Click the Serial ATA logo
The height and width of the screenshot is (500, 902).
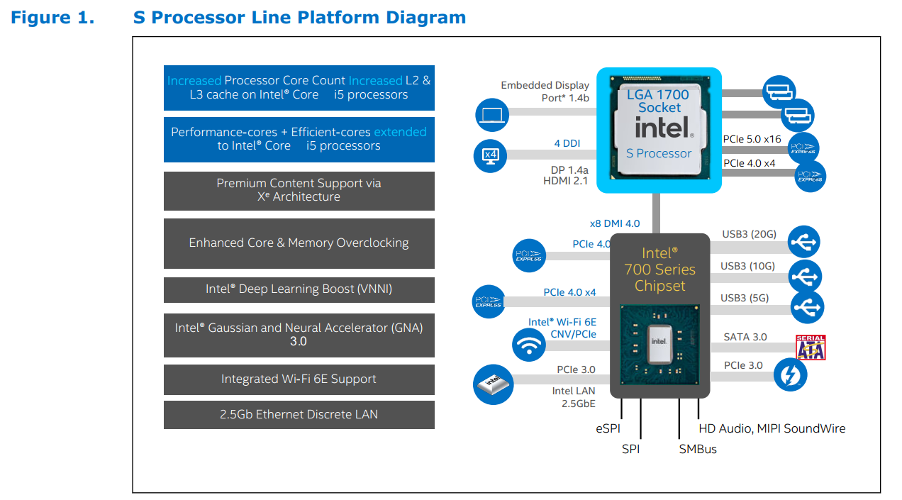811,347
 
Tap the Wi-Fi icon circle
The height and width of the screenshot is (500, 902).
529,345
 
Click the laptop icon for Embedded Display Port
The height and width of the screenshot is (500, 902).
492,115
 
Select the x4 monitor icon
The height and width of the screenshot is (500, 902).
491,156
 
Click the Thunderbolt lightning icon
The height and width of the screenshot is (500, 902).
791,374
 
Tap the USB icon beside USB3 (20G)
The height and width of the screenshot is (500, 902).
803,242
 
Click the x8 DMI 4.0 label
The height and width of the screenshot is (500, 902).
615,223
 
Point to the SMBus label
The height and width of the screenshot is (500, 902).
698,449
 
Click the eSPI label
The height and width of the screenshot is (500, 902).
608,428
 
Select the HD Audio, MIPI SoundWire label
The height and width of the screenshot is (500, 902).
772,428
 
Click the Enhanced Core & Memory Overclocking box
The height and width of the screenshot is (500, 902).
299,243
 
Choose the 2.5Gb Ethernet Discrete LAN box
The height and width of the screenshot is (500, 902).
299,415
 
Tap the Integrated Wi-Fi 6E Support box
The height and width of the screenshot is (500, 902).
299,379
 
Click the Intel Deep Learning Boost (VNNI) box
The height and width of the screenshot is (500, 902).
299,289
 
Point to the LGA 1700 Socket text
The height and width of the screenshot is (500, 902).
658,101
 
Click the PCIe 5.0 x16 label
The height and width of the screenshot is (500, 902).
752,139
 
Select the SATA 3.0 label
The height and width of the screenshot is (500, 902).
745,337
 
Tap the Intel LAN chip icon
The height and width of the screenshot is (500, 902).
493,384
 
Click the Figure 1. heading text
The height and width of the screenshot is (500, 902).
52,18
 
